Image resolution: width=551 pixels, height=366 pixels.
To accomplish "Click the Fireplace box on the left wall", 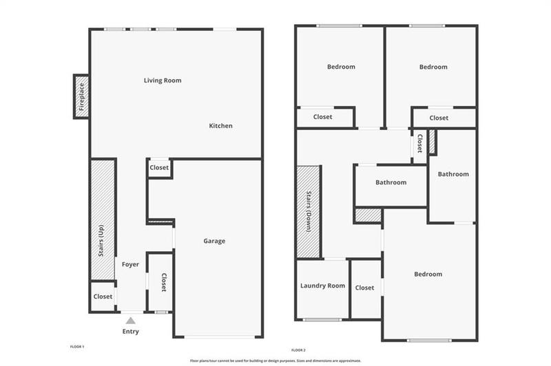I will (81, 96).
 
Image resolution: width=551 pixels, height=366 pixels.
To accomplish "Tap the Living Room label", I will (163, 80).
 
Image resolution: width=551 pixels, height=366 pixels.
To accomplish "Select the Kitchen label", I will (221, 126).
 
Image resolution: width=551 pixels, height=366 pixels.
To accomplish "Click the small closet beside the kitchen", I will (159, 167).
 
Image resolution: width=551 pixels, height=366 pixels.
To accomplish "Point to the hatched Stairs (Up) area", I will (102, 219).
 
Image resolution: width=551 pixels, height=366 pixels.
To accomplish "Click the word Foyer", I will (130, 264).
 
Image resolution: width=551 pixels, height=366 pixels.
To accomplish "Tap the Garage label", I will (214, 241).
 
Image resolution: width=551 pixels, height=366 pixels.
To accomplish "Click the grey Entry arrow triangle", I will (130, 319).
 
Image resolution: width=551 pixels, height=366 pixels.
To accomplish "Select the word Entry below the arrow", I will (130, 332).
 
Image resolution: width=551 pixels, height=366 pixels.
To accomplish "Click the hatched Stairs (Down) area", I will (309, 211).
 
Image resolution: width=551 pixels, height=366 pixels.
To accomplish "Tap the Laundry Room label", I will (322, 286).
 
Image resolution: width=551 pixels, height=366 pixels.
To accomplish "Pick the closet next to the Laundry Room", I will (365, 288).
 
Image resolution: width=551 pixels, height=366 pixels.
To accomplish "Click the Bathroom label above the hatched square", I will (391, 182).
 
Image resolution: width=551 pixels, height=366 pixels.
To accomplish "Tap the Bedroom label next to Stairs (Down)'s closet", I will (428, 274).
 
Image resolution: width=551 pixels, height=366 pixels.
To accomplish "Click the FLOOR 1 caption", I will (77, 347).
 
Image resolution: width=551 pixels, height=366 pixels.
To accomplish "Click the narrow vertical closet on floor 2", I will (419, 145).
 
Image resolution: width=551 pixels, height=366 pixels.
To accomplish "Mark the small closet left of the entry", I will (103, 297).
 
